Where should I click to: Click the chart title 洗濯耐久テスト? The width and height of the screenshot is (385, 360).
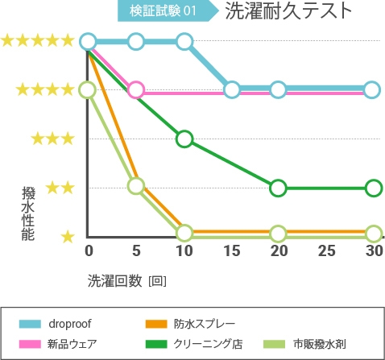point(288,11)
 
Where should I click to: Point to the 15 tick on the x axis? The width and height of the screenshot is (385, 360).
point(231,250)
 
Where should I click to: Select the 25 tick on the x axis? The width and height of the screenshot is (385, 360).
point(326,250)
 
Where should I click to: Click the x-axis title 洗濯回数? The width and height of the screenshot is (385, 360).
point(118,280)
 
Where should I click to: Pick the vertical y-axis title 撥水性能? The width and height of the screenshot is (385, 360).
point(29,213)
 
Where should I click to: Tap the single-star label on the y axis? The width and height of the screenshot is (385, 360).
point(68,237)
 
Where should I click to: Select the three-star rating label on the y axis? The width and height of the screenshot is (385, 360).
point(53,139)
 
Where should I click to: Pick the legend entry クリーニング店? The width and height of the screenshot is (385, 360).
point(207,344)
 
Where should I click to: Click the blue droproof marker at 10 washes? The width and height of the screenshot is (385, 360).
point(184,41)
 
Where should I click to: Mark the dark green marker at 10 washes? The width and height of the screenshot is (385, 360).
point(184,139)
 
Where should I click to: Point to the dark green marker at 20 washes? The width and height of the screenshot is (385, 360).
point(278,188)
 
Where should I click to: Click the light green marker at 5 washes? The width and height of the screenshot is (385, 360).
point(136,186)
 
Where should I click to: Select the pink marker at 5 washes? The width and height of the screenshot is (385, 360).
point(136,89)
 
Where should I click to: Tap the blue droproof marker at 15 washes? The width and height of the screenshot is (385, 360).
point(232,89)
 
